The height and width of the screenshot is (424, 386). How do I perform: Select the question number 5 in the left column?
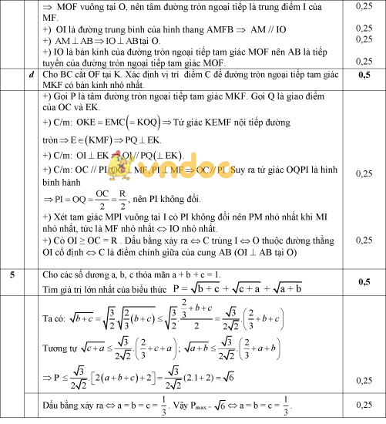tap(12, 274)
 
